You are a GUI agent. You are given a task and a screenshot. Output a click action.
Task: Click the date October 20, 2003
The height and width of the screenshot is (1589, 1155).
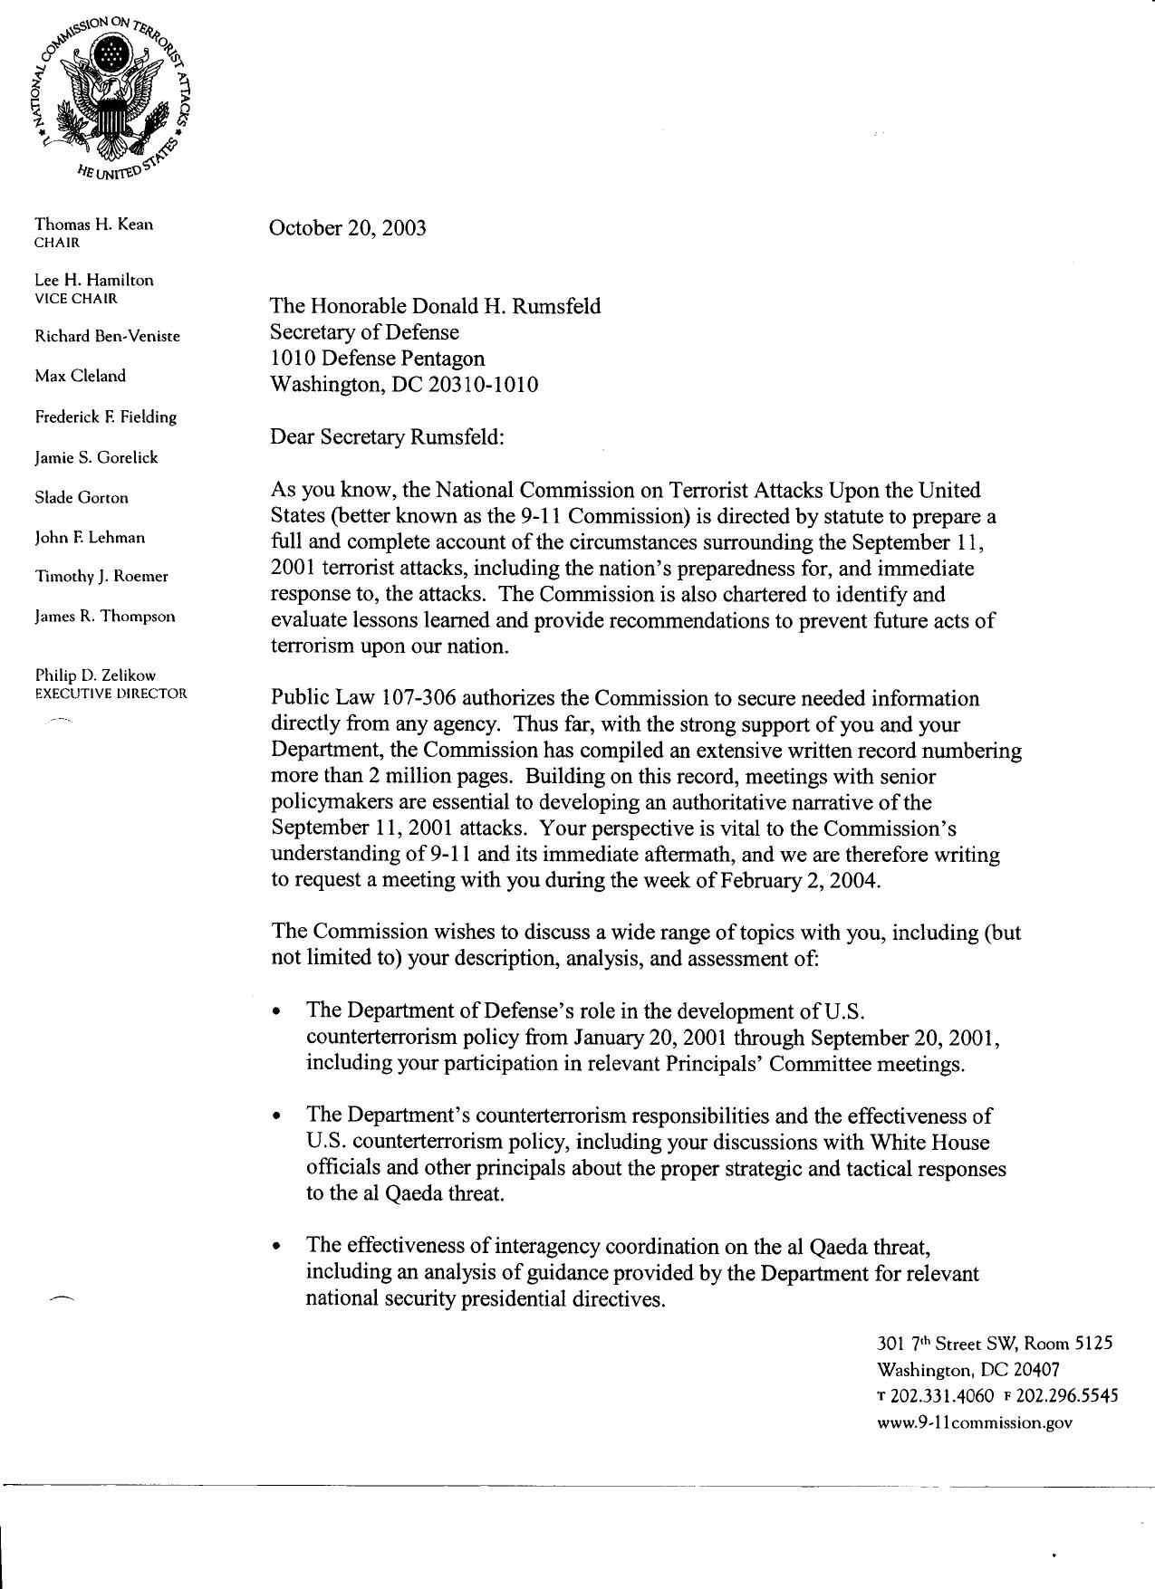348,227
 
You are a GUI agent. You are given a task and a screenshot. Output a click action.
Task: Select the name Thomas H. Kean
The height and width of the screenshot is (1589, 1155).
93,224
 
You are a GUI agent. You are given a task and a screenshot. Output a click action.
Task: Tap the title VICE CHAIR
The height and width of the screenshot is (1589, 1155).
76,298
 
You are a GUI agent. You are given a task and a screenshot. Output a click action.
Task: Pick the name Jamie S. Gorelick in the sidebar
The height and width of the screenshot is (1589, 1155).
96,457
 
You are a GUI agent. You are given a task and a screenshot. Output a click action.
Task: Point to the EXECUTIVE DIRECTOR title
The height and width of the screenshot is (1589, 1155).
111,694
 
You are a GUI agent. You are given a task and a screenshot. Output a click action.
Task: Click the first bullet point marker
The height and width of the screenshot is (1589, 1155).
277,1011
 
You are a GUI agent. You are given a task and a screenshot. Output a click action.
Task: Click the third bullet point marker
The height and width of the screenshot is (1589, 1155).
277,1248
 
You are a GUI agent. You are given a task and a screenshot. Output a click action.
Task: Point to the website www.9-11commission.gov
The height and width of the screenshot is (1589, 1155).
975,1422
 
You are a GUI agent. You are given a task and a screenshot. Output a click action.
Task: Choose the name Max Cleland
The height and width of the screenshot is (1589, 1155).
80,376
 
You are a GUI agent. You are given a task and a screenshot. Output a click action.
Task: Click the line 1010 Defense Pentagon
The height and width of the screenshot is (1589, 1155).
378,359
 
